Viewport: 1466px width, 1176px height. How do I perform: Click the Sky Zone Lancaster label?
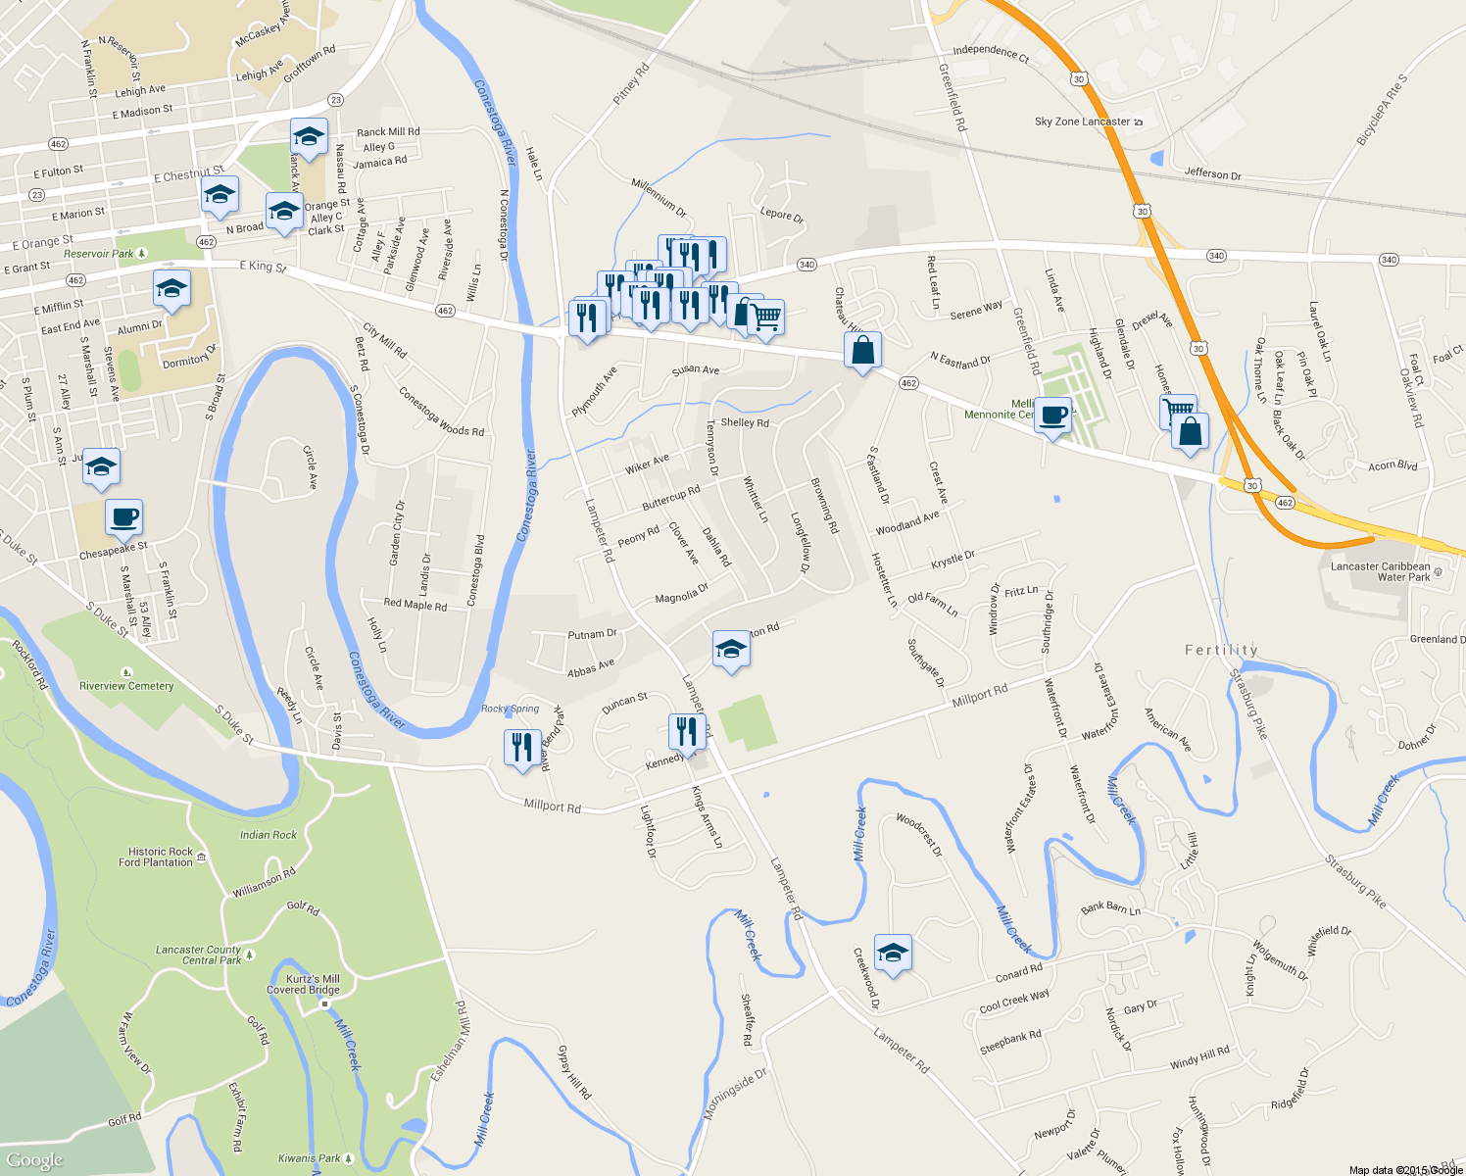1082,122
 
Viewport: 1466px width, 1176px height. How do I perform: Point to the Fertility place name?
1221,650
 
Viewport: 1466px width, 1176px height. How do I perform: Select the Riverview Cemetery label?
126,686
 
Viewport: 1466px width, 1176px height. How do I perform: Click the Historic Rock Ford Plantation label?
156,857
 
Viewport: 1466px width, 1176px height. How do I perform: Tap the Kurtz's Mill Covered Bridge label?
303,984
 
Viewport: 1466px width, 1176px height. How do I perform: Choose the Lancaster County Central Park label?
198,955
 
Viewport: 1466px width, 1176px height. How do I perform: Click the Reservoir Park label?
99,254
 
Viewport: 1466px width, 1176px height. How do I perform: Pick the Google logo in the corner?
34,1160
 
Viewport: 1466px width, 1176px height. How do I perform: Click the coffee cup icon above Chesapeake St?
123,517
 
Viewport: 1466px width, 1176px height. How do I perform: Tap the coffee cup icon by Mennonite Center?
1053,416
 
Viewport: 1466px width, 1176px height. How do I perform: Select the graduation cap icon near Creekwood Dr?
893,952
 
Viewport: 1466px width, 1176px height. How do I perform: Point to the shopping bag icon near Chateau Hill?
862,350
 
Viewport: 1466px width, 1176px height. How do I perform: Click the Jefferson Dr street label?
1212,174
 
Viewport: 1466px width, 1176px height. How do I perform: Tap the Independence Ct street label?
991,53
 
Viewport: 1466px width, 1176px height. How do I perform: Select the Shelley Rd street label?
745,422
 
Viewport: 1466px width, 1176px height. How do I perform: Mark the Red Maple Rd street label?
415,604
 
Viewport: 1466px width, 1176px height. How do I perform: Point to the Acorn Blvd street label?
1393,465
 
